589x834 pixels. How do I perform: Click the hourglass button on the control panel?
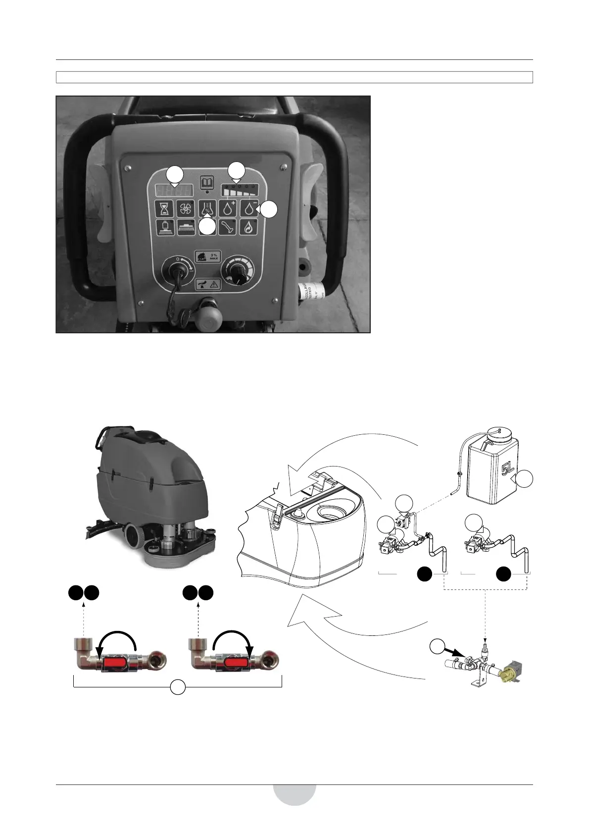pyautogui.click(x=165, y=208)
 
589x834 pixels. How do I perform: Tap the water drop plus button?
pyautogui.click(x=228, y=208)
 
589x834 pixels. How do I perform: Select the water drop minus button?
pyautogui.click(x=248, y=208)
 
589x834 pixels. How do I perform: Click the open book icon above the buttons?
pyautogui.click(x=206, y=183)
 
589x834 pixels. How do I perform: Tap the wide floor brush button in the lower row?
pyautogui.click(x=186, y=228)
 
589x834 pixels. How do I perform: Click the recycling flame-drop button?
pyautogui.click(x=248, y=228)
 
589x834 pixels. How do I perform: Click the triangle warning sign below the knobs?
pyautogui.click(x=214, y=284)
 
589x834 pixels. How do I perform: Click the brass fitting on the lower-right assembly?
pyautogui.click(x=507, y=673)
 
